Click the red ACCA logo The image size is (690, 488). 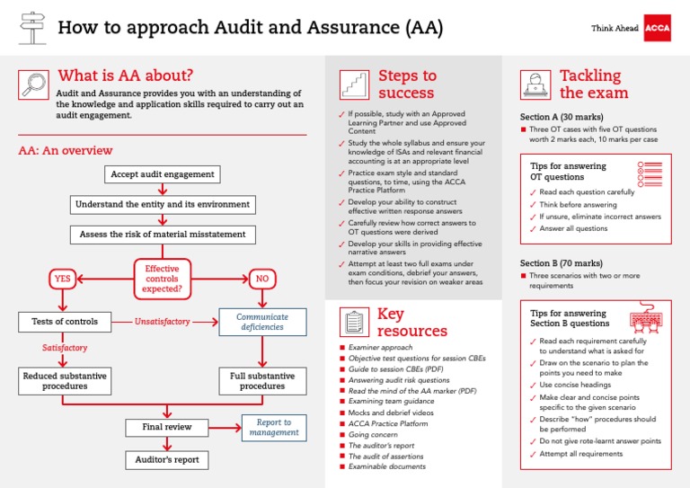(x=659, y=28)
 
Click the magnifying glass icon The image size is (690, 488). (x=33, y=84)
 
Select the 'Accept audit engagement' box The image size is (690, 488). (x=162, y=173)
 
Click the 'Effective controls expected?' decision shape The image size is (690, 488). (x=162, y=279)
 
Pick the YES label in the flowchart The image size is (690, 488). (x=62, y=279)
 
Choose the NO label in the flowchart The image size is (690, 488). (x=262, y=279)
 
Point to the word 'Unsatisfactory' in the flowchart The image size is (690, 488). (x=163, y=321)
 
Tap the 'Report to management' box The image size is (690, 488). (x=274, y=427)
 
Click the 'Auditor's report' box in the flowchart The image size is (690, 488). (x=166, y=460)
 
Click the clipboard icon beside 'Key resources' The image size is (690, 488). (x=353, y=321)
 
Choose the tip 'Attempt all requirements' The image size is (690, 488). (x=580, y=454)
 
